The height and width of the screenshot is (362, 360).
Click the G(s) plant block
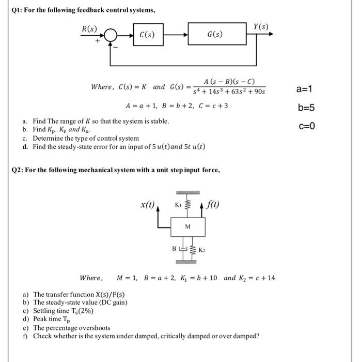tap(214, 35)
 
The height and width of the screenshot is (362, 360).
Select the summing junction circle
tap(111, 35)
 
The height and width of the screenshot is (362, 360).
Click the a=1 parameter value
tap(305, 89)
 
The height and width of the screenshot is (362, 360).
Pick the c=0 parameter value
tap(306, 126)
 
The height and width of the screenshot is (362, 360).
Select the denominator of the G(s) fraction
tap(228, 92)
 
